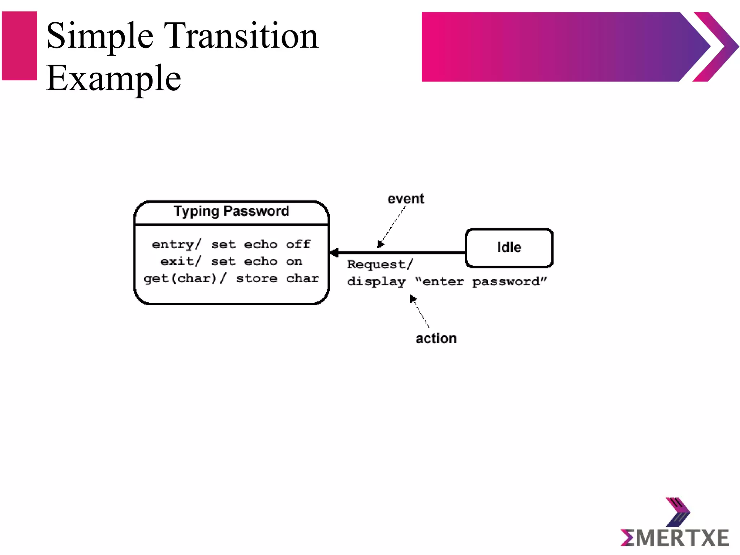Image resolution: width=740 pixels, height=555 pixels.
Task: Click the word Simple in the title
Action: pyautogui.click(x=100, y=36)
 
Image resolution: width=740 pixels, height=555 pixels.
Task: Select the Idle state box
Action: pyautogui.click(x=509, y=248)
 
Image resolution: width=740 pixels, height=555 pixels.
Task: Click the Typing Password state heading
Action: pyautogui.click(x=231, y=211)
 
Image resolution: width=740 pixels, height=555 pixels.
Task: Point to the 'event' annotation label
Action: pyautogui.click(x=405, y=199)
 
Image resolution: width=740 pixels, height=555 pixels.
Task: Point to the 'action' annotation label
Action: pyautogui.click(x=436, y=339)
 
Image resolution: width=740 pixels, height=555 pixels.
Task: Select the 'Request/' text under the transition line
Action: pyautogui.click(x=379, y=264)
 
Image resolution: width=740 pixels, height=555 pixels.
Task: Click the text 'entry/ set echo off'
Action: pyautogui.click(x=231, y=245)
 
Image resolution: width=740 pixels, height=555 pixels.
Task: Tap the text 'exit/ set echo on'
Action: pyautogui.click(x=231, y=261)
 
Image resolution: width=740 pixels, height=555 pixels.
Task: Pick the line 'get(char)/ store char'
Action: pyautogui.click(x=231, y=278)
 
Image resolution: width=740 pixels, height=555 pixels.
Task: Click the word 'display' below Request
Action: pyautogui.click(x=376, y=282)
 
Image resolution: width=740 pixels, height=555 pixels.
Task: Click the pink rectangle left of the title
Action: pyautogui.click(x=20, y=46)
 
